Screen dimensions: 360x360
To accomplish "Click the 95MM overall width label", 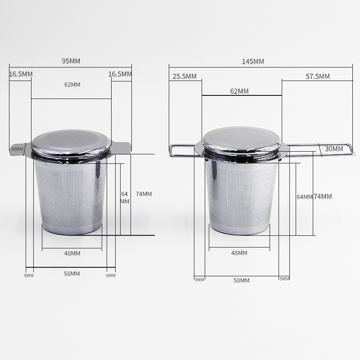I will tap(71, 61).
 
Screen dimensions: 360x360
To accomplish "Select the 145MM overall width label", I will tap(253, 61).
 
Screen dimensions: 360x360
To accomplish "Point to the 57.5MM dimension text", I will tap(318, 76).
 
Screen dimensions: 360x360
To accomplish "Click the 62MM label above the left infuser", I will tap(72, 85).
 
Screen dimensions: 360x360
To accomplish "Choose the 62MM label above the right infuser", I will tap(239, 91).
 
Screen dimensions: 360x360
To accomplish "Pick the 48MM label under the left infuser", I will tap(72, 253).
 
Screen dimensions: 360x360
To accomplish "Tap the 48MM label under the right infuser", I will tap(239, 253).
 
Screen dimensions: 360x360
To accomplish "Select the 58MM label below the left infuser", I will tap(72, 274).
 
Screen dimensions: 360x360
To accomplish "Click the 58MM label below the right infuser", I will tap(241, 280).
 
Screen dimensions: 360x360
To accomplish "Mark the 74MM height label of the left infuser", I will tap(144, 194).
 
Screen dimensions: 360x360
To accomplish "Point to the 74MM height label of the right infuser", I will tap(323, 196).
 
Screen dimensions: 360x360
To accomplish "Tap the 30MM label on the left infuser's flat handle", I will tap(17, 149).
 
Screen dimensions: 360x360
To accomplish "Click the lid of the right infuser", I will tap(242, 140).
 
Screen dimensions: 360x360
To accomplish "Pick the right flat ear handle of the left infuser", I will tap(122, 147).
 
